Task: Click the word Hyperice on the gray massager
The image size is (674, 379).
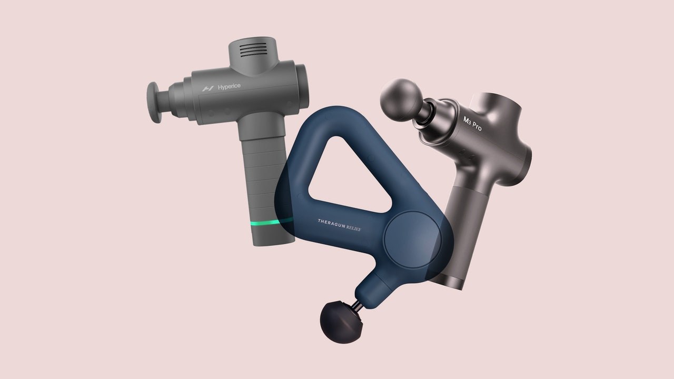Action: tap(229, 87)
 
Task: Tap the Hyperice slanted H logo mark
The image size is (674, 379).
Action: tap(208, 88)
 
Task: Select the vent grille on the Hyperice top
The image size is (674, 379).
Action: tap(253, 49)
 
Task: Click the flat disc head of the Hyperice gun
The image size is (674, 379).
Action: tap(154, 102)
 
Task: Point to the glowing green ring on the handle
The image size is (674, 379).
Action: tap(271, 223)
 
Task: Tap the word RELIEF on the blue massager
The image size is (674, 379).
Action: tap(353, 228)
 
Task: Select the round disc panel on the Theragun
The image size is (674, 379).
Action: tap(412, 240)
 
